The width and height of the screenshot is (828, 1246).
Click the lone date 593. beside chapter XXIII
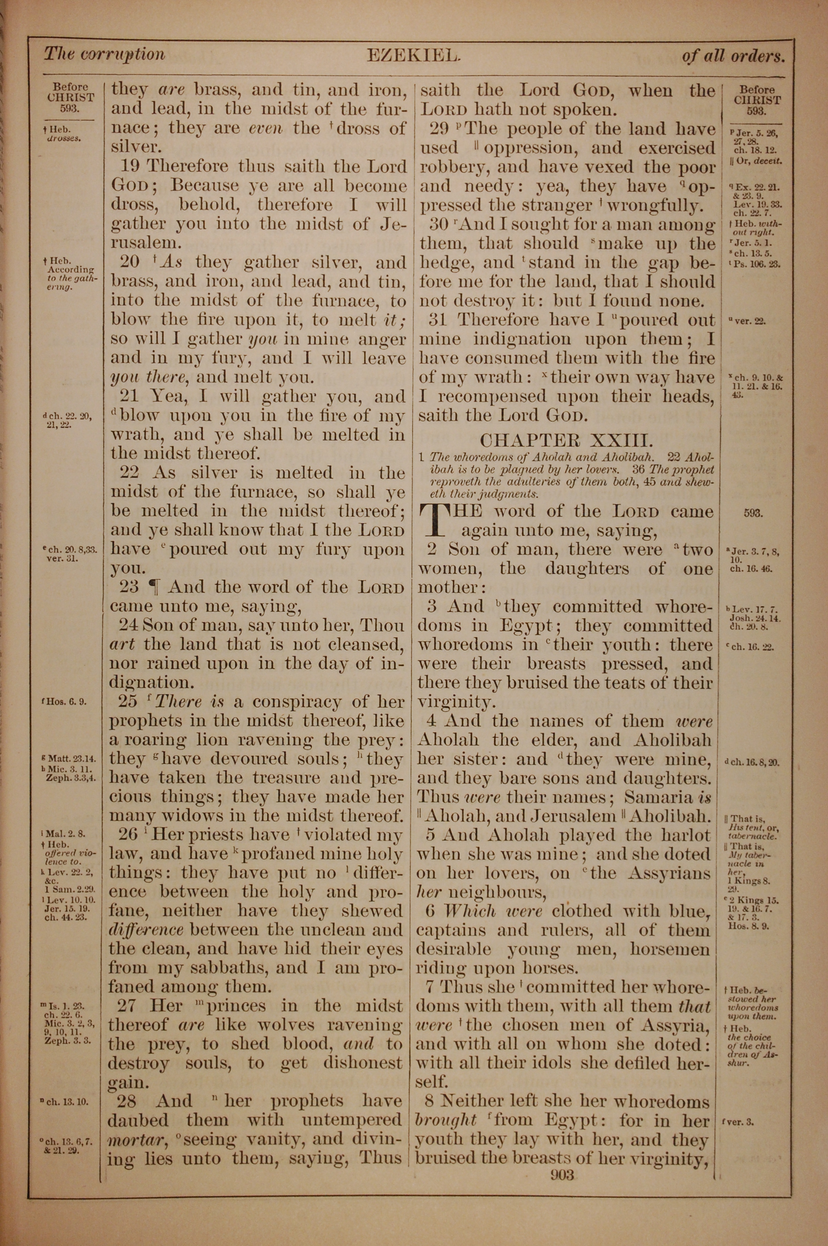click(x=753, y=513)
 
